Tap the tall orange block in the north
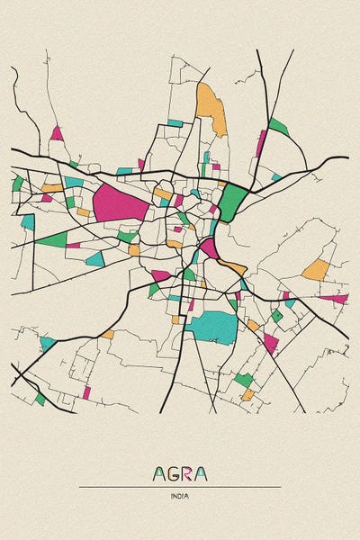(x=212, y=108)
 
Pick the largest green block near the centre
(x=233, y=201)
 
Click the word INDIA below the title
(x=180, y=496)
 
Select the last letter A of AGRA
(x=201, y=473)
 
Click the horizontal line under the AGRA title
(x=180, y=487)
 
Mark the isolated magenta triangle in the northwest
(x=57, y=133)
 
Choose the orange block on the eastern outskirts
(x=315, y=270)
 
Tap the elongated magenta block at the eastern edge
(x=334, y=298)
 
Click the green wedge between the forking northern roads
(x=278, y=126)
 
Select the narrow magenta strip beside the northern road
(x=261, y=143)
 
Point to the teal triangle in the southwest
(x=47, y=343)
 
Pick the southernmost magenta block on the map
(x=86, y=392)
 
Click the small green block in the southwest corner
(x=40, y=399)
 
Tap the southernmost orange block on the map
(x=247, y=394)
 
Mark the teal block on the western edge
(x=28, y=221)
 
